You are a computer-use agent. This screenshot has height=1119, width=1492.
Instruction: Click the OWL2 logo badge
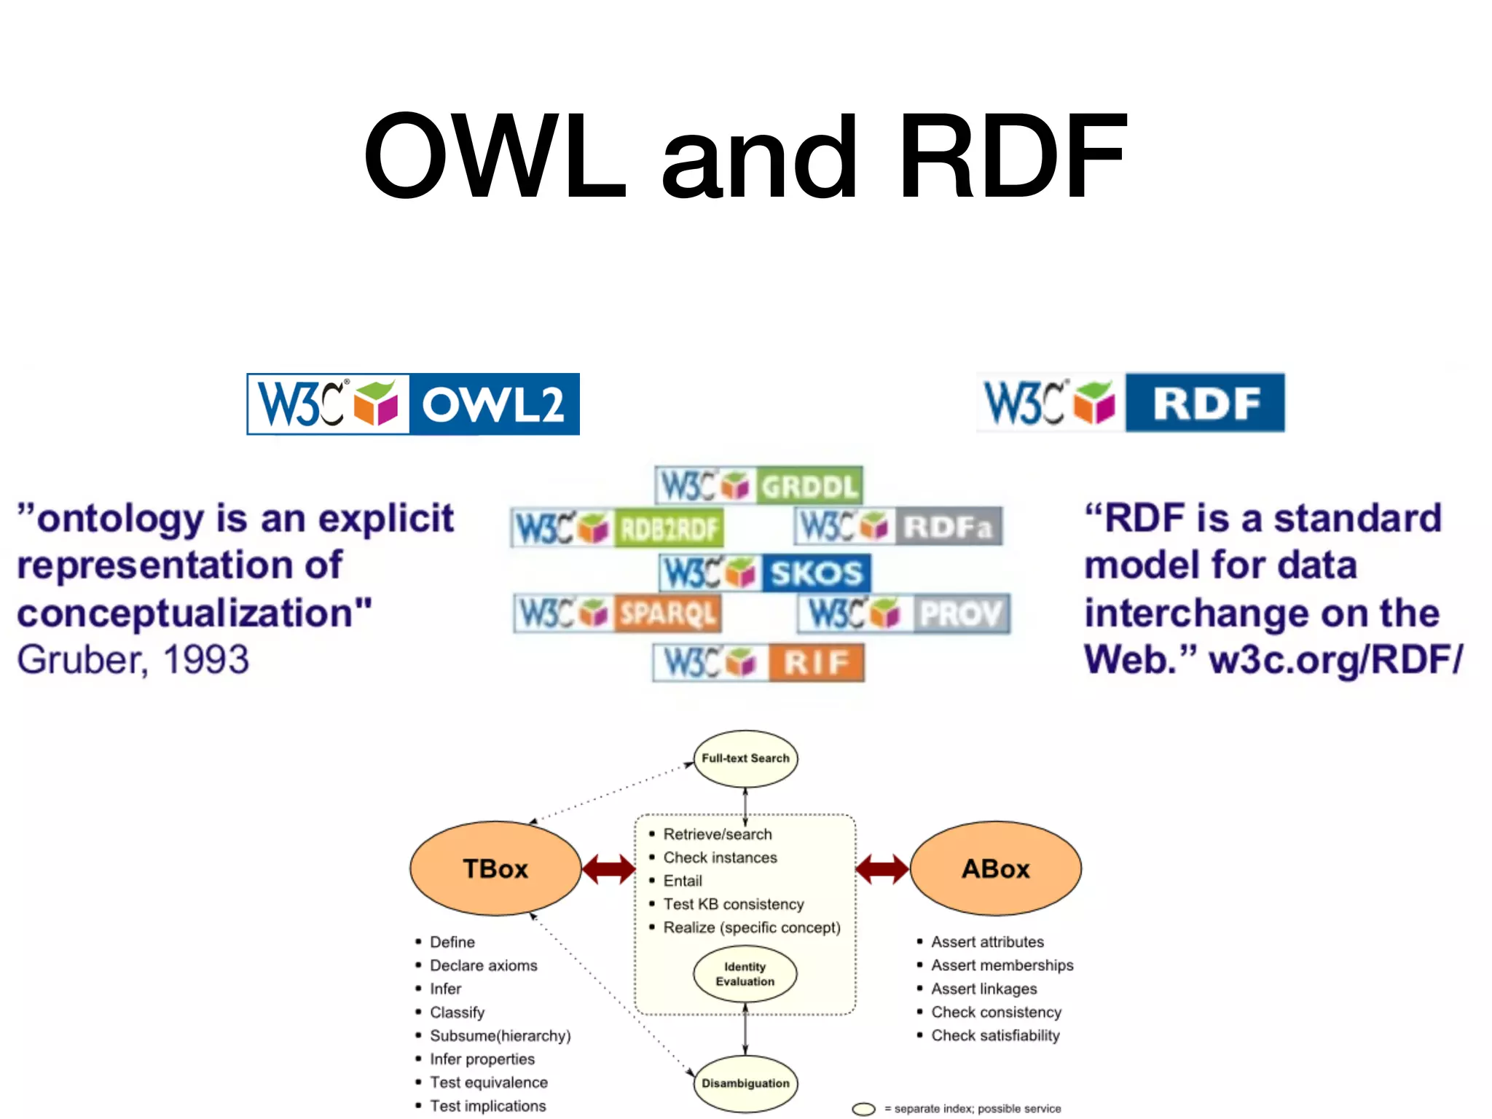413,404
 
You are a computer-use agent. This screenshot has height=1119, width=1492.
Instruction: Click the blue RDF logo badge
1131,402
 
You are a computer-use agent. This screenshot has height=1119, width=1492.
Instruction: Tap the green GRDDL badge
758,485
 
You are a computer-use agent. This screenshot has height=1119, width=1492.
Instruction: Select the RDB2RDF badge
618,527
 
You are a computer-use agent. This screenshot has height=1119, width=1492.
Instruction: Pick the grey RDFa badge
898,526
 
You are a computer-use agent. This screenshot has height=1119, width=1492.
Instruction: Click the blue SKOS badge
765,573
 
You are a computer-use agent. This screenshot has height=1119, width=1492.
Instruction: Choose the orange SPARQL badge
618,613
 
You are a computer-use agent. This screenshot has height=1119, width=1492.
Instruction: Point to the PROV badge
904,613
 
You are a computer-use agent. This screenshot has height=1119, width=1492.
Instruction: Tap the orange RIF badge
758,662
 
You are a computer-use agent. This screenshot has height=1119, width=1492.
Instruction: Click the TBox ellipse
495,868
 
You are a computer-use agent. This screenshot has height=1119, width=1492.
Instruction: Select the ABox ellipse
995,868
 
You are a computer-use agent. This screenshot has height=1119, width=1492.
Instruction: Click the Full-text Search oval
745,758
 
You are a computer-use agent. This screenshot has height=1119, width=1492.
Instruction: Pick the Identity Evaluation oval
745,974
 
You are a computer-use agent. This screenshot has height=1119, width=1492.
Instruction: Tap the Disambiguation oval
745,1083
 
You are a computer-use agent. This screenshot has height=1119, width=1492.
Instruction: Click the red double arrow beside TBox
608,868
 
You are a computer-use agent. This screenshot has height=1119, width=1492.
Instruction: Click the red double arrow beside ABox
882,868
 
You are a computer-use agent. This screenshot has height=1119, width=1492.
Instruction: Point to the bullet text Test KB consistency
733,904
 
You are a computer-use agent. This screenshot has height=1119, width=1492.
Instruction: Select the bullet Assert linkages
983,989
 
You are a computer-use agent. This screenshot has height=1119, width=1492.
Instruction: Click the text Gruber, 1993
133,660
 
